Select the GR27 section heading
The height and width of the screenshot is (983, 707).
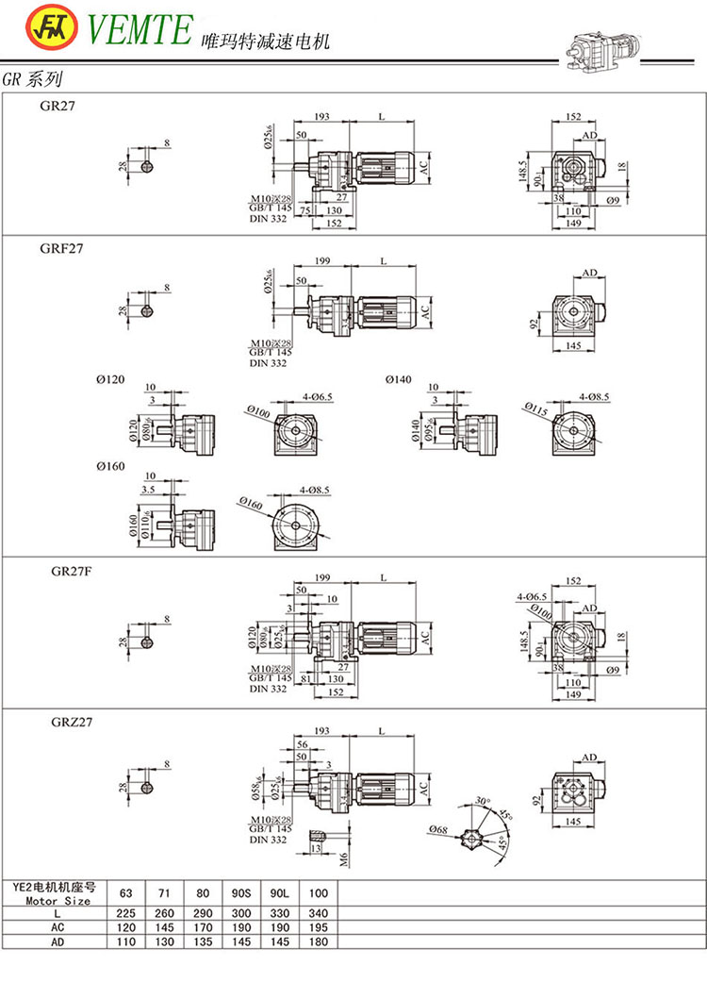(58, 107)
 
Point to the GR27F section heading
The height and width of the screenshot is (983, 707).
(61, 572)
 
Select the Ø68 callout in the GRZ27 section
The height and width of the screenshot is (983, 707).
(437, 829)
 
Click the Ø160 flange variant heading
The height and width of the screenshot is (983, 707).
(110, 467)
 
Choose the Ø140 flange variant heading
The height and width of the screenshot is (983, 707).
(399, 379)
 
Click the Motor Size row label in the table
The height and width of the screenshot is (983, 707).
(58, 901)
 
